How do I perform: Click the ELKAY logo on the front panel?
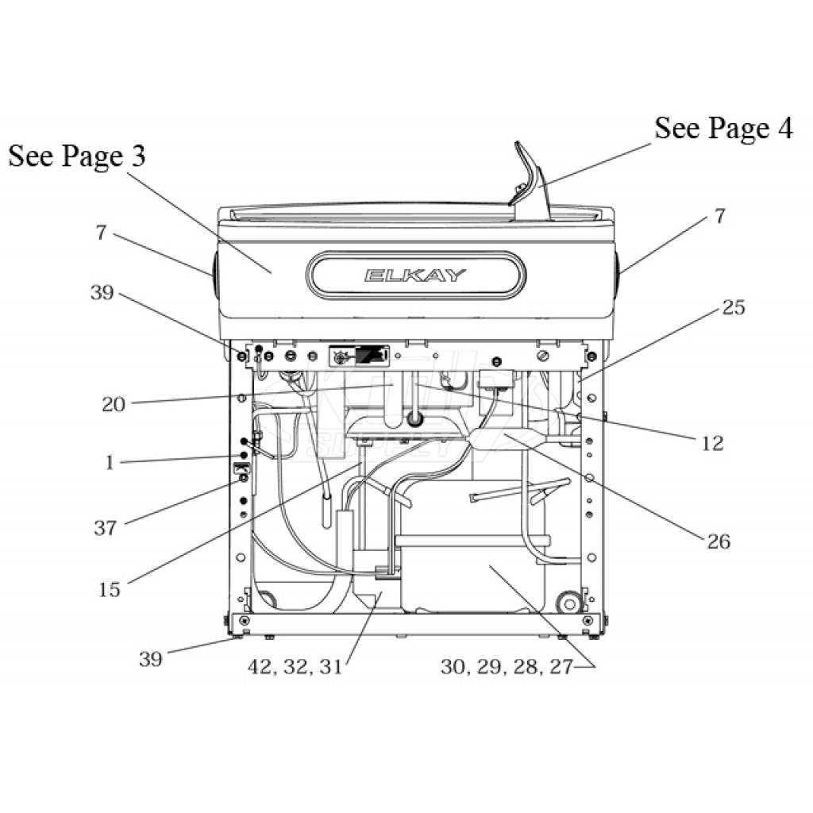point(414,275)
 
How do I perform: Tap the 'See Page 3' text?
point(77,156)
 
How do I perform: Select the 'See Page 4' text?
point(723,128)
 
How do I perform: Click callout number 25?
point(733,307)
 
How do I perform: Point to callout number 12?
point(712,443)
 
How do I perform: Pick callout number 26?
point(719,541)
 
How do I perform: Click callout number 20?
point(113,404)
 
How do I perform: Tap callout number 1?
point(110,463)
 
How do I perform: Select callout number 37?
point(106,528)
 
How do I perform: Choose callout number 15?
point(110,590)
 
